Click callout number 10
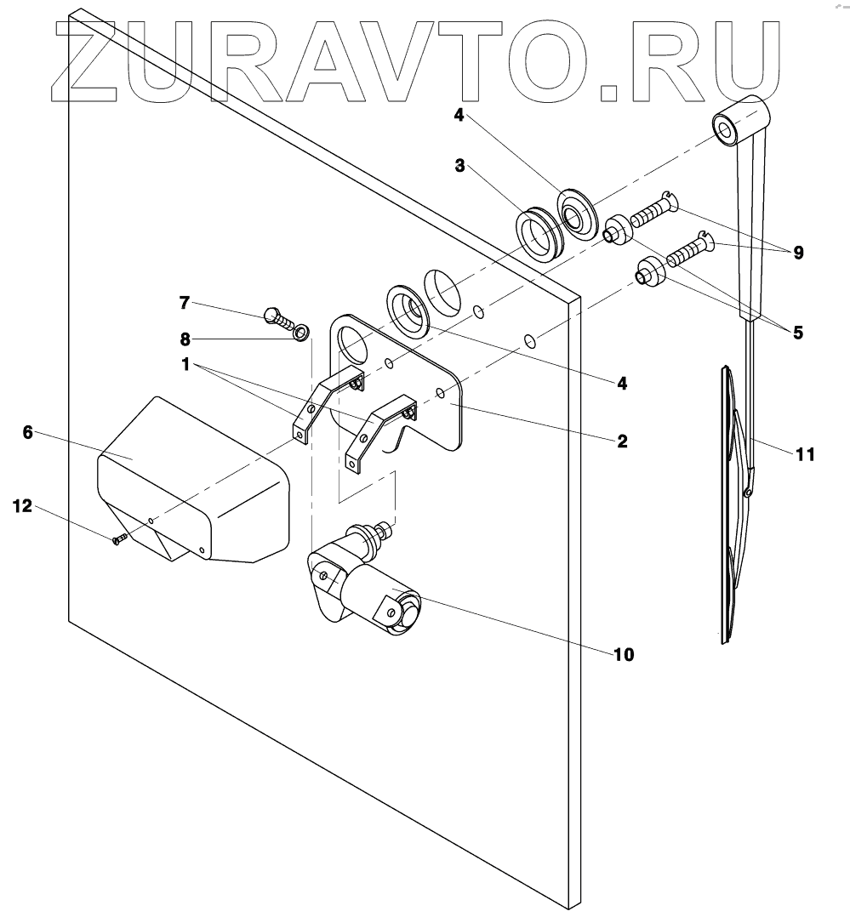coord(624,654)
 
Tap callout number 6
coord(27,432)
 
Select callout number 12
coord(22,506)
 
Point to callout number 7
coord(185,302)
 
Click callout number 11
coord(805,454)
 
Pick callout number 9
coord(797,253)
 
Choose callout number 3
coord(459,166)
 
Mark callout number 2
coord(622,441)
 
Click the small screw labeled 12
coord(119,538)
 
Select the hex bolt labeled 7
coord(277,317)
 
